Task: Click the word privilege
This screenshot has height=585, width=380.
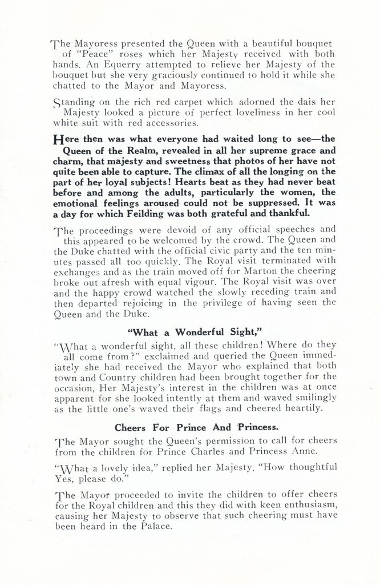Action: [222, 302]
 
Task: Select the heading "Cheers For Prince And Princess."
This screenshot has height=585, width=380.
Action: [189, 427]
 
